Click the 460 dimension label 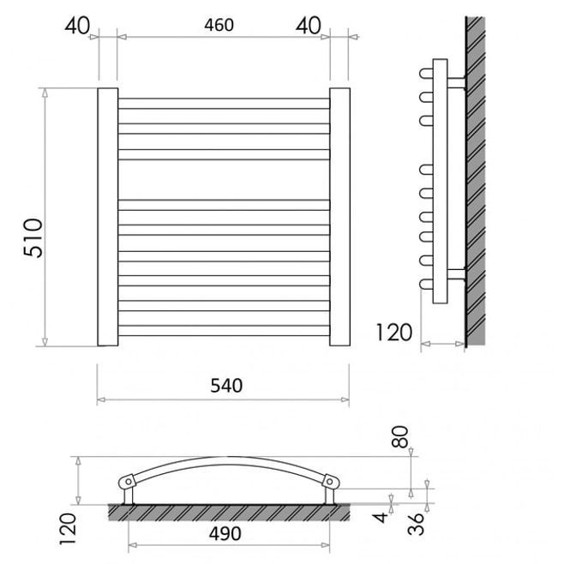click(219, 25)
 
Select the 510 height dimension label click(33, 237)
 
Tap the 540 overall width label click(226, 386)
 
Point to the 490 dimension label click(225, 533)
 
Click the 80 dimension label click(400, 436)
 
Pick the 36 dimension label click(417, 524)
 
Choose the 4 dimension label click(381, 518)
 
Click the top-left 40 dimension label click(77, 26)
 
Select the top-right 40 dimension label click(309, 26)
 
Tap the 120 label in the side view click(394, 333)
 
